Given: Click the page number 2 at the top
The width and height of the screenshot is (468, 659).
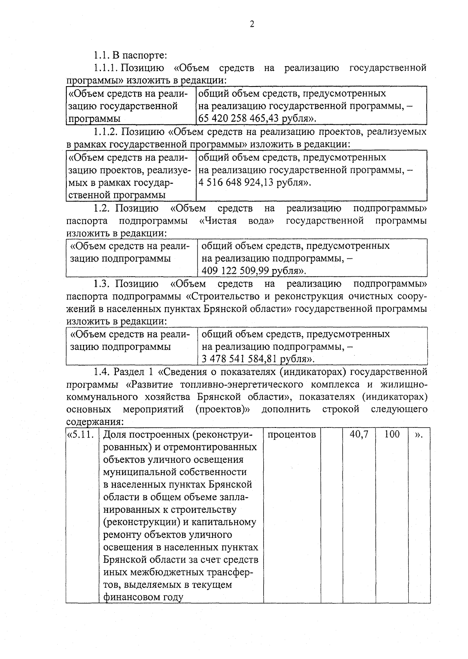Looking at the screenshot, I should pos(252,24).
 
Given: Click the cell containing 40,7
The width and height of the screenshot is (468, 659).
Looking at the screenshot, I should pos(358,434).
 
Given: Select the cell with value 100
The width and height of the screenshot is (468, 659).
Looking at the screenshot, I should pos(392,434).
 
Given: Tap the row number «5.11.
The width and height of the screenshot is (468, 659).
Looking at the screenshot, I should pos(81,435).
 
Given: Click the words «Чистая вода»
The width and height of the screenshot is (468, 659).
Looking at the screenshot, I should pos(236,221).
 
